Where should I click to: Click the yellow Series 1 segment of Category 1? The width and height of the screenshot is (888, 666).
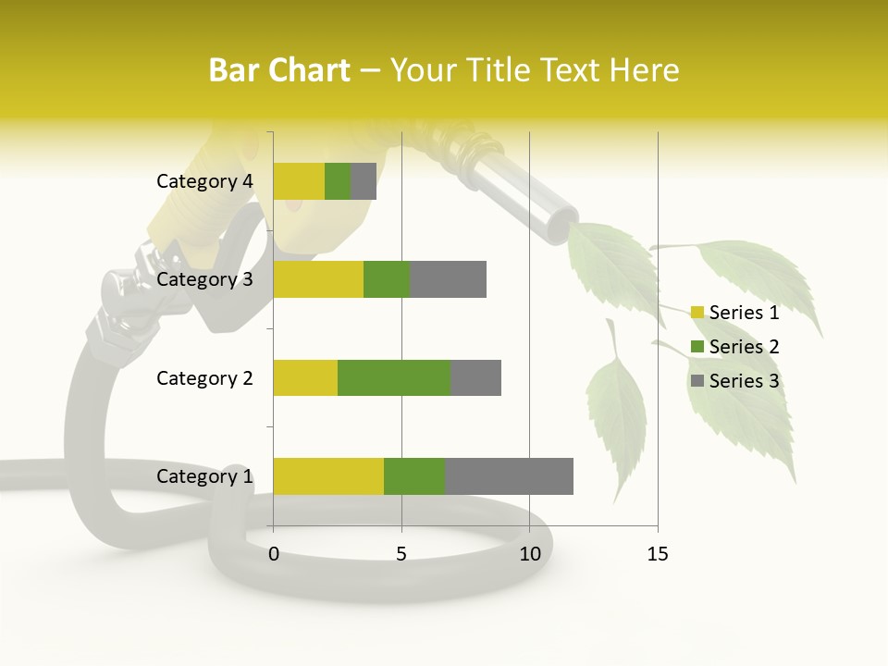pyautogui.click(x=328, y=475)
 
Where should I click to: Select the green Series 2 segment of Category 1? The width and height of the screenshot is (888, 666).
pyautogui.click(x=414, y=475)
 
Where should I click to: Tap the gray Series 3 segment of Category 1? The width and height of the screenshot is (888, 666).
pyautogui.click(x=509, y=475)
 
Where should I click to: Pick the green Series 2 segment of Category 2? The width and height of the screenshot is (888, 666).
pyautogui.click(x=394, y=377)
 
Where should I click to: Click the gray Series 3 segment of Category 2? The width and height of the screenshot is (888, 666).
pyautogui.click(x=475, y=377)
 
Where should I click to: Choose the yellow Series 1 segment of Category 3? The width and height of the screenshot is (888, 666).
pyautogui.click(x=318, y=278)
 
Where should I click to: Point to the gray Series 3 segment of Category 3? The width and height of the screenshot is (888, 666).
pyautogui.click(x=448, y=278)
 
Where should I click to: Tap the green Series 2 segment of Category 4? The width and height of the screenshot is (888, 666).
pyautogui.click(x=338, y=180)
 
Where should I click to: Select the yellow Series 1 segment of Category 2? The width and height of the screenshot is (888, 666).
pyautogui.click(x=305, y=377)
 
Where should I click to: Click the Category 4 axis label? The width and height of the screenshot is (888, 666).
pyautogui.click(x=204, y=181)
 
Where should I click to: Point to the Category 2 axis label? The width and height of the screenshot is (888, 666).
pyautogui.click(x=204, y=378)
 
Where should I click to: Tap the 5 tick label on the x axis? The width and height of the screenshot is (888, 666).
pyautogui.click(x=401, y=554)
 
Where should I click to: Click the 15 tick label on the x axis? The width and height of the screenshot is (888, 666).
pyautogui.click(x=657, y=554)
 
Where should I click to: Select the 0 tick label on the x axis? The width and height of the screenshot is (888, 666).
pyautogui.click(x=274, y=554)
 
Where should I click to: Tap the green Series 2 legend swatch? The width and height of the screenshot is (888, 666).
pyautogui.click(x=697, y=347)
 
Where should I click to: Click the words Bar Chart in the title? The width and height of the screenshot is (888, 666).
pyautogui.click(x=279, y=70)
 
